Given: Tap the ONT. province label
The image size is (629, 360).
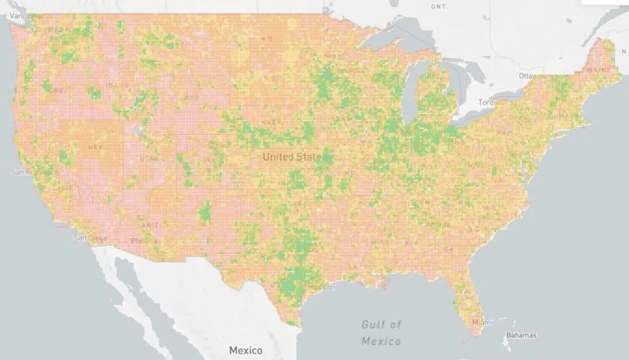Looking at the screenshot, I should pyautogui.click(x=439, y=6).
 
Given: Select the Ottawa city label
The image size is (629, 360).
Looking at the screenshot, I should pyautogui.click(x=529, y=76).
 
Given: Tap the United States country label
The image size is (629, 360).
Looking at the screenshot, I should pyautogui.click(x=292, y=157).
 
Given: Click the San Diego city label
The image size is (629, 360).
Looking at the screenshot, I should pyautogui.click(x=90, y=238).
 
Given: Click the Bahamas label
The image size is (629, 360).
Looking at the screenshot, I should pyautogui.click(x=522, y=335).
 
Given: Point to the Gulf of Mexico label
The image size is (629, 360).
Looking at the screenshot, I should pyautogui.click(x=381, y=332).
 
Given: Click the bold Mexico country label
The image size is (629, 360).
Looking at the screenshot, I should pyautogui.click(x=246, y=350).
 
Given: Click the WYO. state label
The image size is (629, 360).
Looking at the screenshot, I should pyautogui.click(x=191, y=98).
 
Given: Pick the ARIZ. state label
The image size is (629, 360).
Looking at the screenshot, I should pyautogui.click(x=150, y=225).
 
